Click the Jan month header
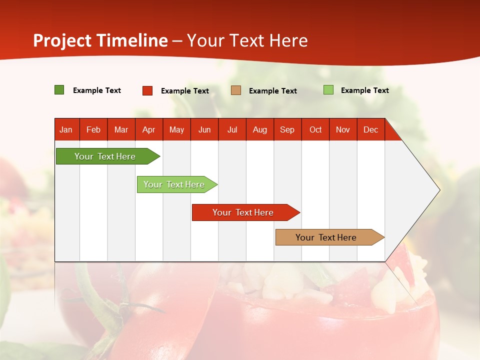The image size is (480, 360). pos(66,129)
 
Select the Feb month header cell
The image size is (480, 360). pos(93,129)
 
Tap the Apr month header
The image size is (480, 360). pos(148,129)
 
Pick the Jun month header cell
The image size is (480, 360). pos(204,129)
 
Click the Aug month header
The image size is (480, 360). pos(259,129)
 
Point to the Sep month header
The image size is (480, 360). pos(287,129)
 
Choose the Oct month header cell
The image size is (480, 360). pos(315,129)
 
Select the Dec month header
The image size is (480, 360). pos(370,129)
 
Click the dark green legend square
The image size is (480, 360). pos(59,90)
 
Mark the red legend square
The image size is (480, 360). pos(147,90)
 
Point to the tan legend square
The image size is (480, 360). pos(236,90)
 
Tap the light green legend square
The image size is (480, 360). pos(328,90)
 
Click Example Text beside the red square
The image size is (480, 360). pos(185,91)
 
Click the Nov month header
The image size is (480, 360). pos(343,129)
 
